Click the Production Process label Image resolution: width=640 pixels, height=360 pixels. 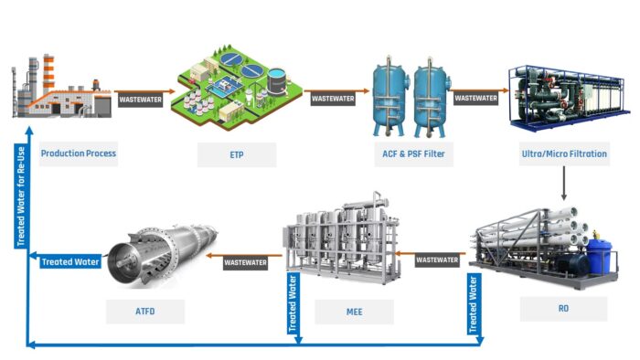pos(78,154)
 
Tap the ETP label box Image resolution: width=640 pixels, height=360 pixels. pos(237,154)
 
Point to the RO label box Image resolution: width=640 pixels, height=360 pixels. pos(563,309)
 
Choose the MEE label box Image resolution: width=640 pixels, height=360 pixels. pos(354,311)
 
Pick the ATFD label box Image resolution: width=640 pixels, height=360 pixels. pos(144,311)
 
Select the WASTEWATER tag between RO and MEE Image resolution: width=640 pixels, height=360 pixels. pos(437,259)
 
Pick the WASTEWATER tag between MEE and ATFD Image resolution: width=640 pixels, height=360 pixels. pos(246,262)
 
